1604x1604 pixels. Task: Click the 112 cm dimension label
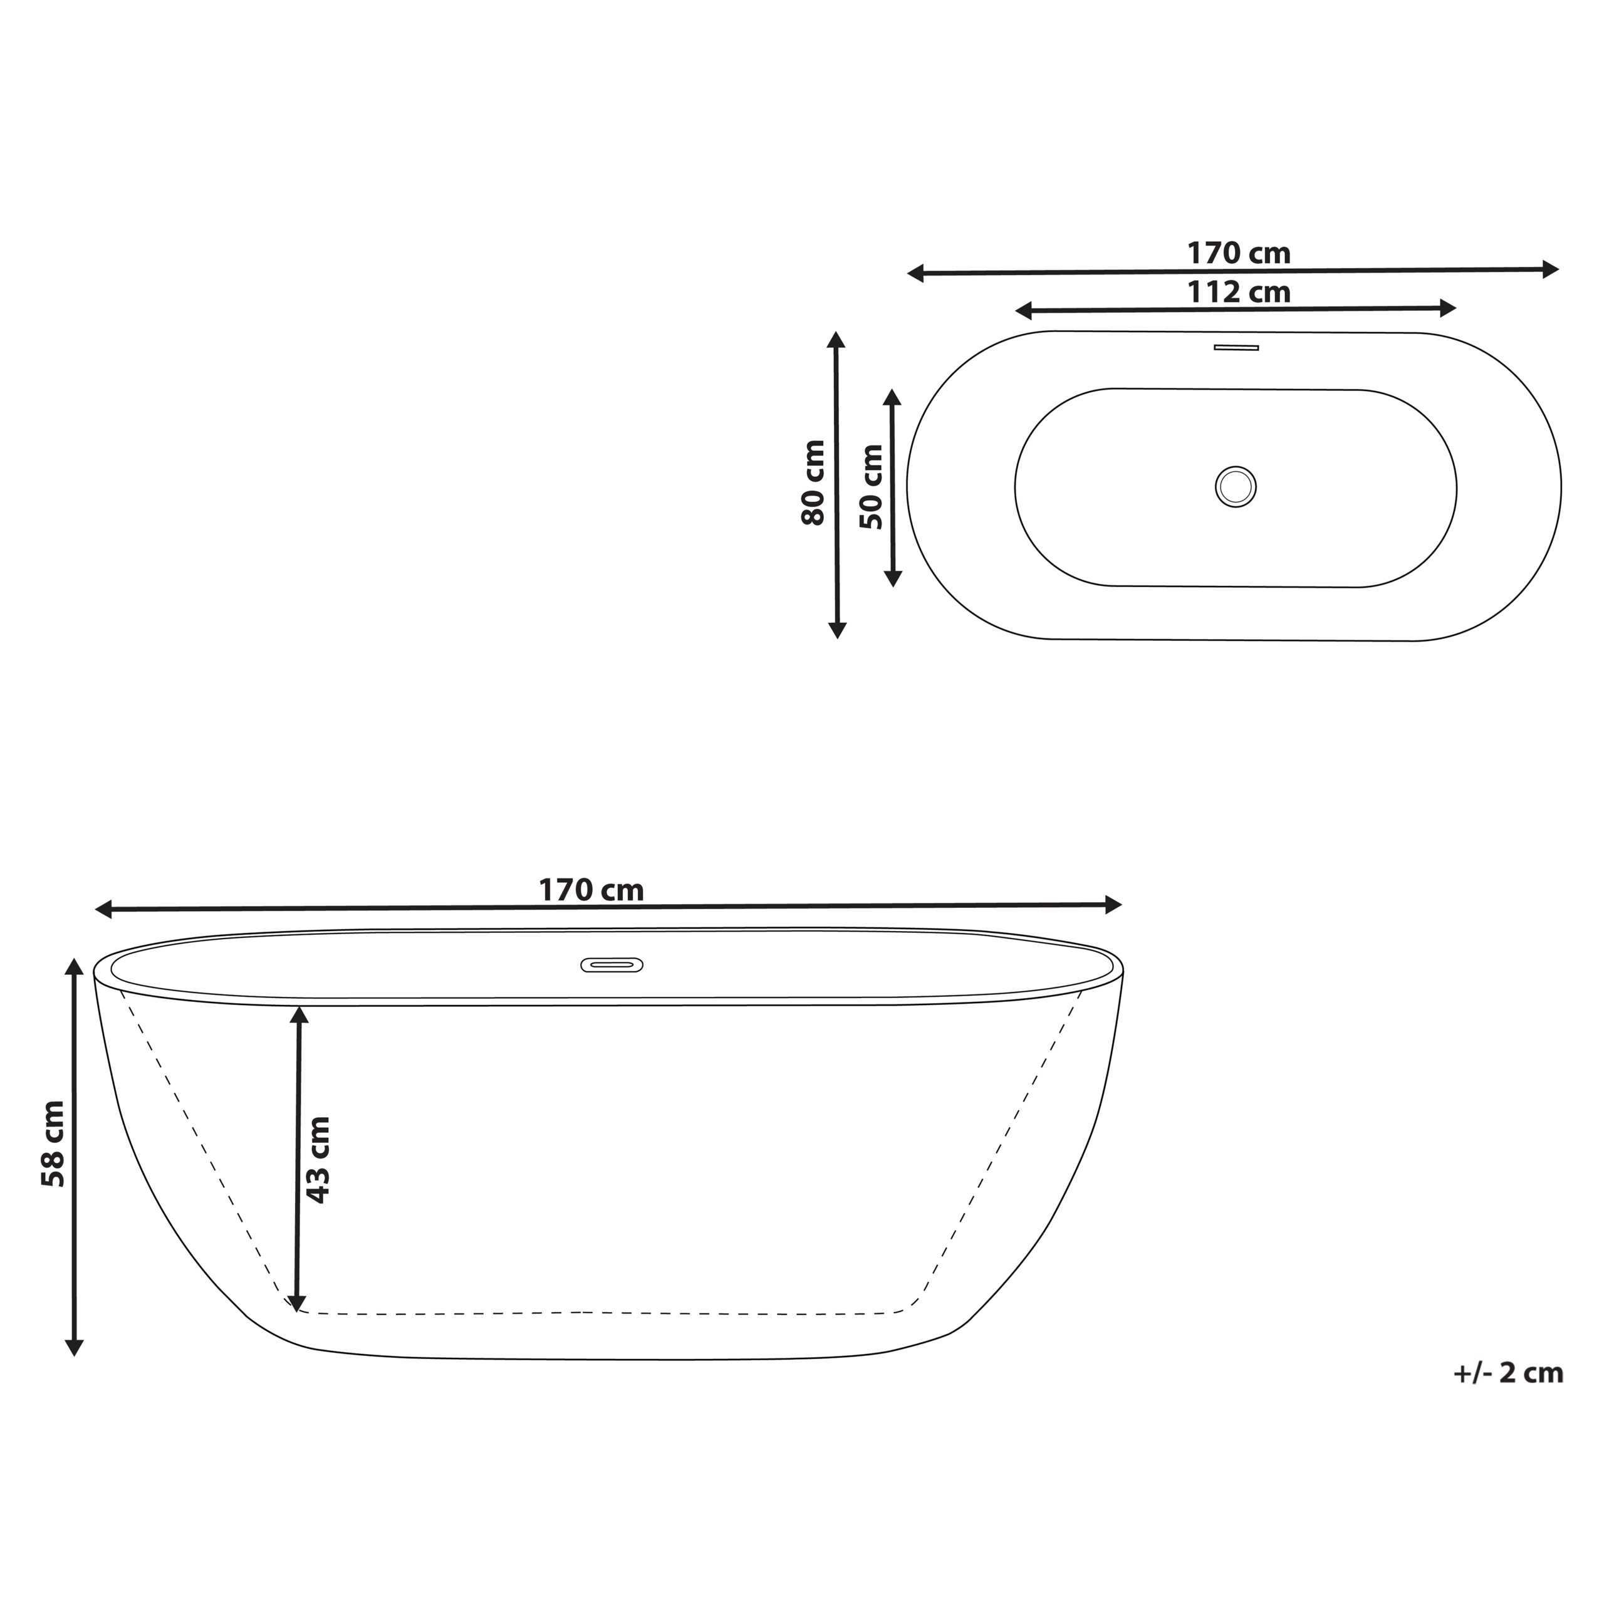[x=1238, y=292]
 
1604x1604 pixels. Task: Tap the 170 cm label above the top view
[x=1238, y=253]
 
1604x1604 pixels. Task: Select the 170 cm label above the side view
[x=591, y=890]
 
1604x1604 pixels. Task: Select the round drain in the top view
[x=1236, y=486]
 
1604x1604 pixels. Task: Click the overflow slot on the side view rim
[x=611, y=965]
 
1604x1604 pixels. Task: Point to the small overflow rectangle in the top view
[x=1236, y=347]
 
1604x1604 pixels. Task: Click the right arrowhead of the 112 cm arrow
[x=1448, y=308]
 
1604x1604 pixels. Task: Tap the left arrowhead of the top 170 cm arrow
[x=917, y=273]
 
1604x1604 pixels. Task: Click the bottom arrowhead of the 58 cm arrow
[x=75, y=1348]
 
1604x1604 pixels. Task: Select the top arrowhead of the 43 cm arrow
[x=299, y=1014]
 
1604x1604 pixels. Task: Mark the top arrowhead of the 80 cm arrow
[x=836, y=340]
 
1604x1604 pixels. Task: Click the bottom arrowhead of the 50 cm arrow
[x=892, y=579]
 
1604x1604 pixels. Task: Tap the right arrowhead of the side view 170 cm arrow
[x=1113, y=905]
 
